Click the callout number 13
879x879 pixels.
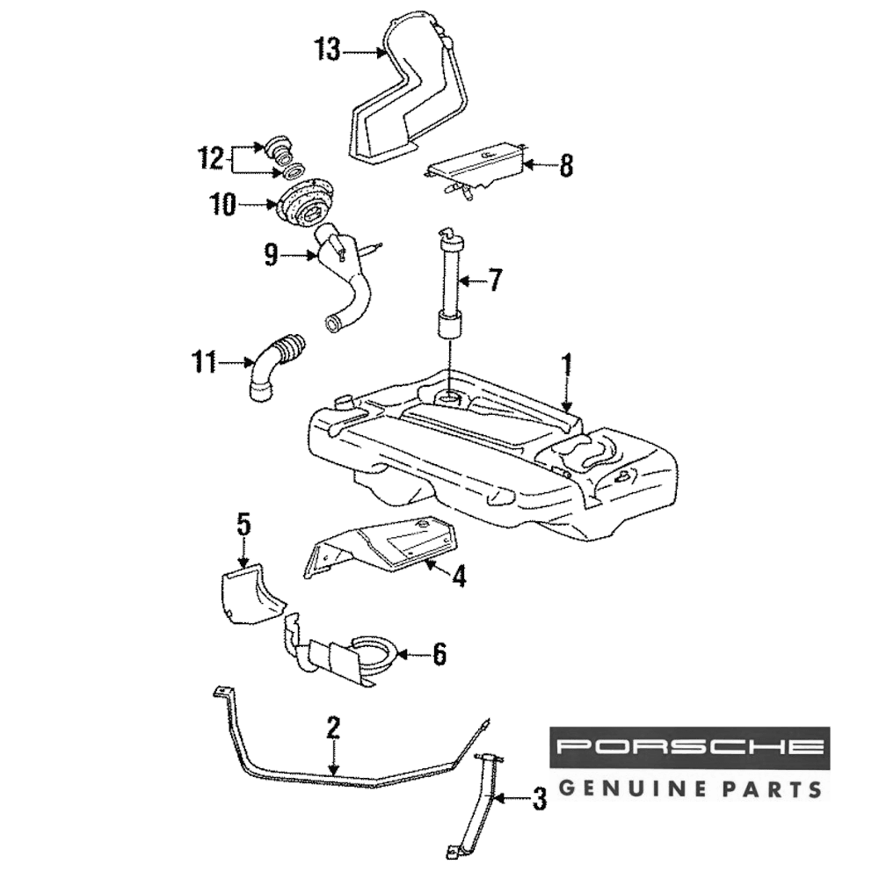[328, 50]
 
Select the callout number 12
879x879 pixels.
[211, 159]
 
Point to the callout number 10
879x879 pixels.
[223, 205]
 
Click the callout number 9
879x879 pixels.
[271, 256]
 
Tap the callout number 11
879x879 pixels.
[205, 360]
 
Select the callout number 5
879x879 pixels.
[243, 525]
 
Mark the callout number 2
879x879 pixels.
[333, 728]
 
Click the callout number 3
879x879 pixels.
[539, 798]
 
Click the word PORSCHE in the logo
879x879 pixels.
[690, 748]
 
